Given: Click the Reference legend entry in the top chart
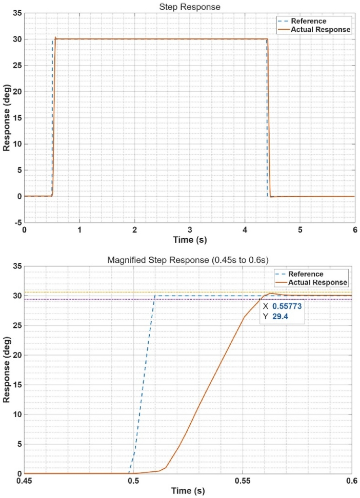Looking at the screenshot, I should [x=308, y=21].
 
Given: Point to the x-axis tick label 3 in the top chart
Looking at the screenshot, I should [x=190, y=230].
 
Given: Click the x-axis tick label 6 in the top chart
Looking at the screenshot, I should [x=355, y=230].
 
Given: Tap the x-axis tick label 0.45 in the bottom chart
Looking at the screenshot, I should [x=24, y=482].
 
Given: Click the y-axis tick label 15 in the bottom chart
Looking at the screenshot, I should [x=15, y=384].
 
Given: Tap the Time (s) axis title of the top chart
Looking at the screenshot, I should [x=190, y=239].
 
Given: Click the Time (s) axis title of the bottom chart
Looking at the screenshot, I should [x=188, y=491].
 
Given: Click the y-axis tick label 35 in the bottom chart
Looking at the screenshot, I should [x=15, y=266].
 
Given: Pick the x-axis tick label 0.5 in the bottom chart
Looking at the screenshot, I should [x=133, y=482].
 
